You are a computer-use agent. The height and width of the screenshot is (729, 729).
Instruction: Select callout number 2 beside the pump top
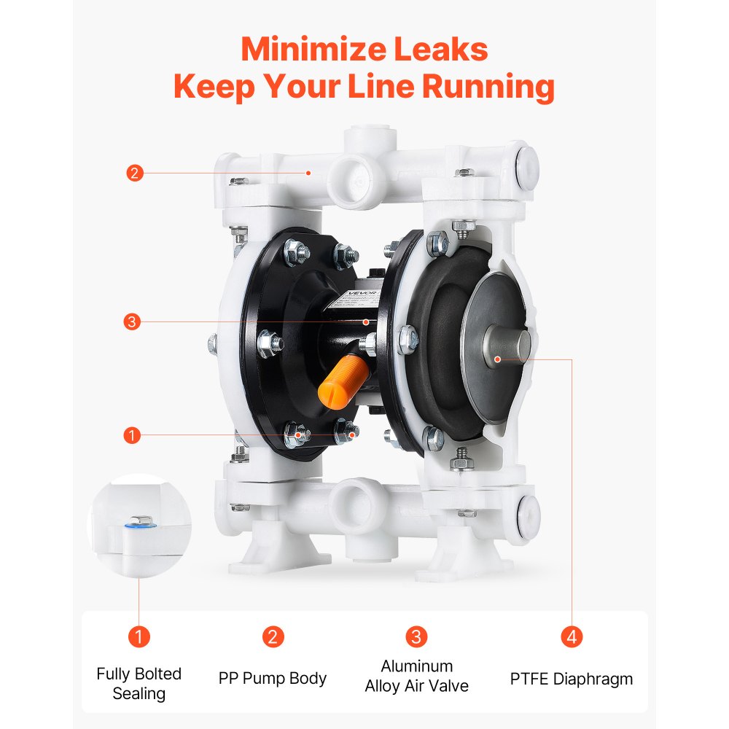click(133, 174)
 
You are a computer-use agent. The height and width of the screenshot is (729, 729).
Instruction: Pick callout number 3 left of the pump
click(132, 321)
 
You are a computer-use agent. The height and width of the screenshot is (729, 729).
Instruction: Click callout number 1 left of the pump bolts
click(132, 435)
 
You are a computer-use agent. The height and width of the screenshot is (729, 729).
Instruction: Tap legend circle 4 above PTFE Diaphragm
click(572, 636)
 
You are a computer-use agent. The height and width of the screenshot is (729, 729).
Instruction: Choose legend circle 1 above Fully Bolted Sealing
click(139, 636)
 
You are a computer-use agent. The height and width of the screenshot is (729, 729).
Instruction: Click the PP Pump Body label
click(273, 678)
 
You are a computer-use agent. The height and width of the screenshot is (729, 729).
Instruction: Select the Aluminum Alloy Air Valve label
click(416, 676)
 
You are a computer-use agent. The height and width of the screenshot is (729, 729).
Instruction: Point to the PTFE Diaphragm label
click(572, 679)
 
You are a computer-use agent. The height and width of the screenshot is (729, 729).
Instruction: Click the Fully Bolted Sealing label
click(139, 683)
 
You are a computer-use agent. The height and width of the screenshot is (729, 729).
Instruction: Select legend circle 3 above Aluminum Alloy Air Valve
click(416, 636)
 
